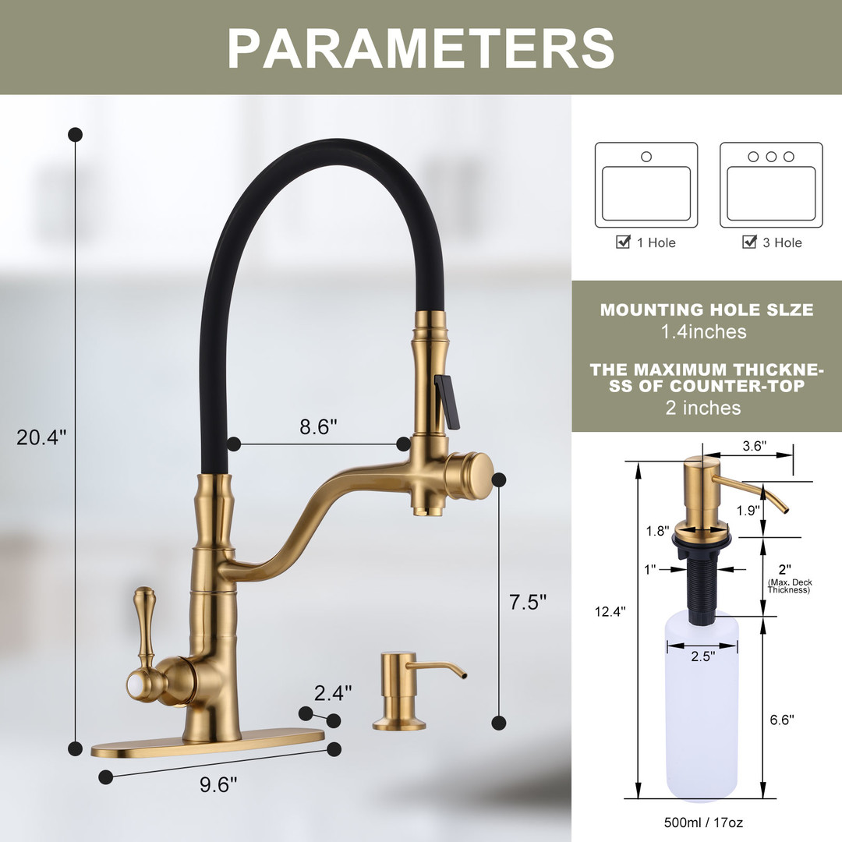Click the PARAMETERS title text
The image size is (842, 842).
coord(421,48)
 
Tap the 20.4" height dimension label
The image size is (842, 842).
coord(41,437)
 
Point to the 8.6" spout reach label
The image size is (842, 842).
coord(318,426)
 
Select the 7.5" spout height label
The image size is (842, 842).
coord(527,602)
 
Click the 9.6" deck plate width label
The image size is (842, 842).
coord(218,784)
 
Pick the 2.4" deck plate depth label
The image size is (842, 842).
coord(333,693)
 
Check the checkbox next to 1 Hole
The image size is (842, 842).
coord(623,242)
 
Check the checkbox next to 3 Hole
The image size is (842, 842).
coord(749,242)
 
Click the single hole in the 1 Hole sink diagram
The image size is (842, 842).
coord(646,156)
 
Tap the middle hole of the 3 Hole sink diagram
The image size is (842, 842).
coord(771,156)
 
